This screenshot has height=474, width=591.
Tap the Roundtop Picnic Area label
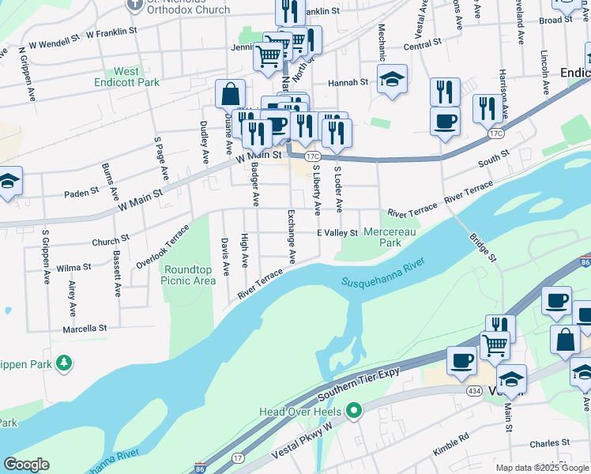[x=189, y=275]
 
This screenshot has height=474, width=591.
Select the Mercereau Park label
[x=383, y=237]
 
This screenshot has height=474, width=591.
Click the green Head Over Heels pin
[x=354, y=411]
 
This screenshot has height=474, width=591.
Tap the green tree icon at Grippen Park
[x=64, y=363]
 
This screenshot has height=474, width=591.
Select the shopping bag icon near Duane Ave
[x=229, y=94]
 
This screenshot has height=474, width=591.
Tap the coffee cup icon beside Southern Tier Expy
[x=461, y=361]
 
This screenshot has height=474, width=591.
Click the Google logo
[x=26, y=465]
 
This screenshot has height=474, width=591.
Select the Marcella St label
[x=86, y=328]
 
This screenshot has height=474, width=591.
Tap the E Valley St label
[x=337, y=233]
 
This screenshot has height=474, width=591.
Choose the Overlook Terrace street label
[x=163, y=245]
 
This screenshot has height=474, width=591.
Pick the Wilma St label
[x=73, y=268]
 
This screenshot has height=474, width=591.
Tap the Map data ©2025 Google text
[x=542, y=468]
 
